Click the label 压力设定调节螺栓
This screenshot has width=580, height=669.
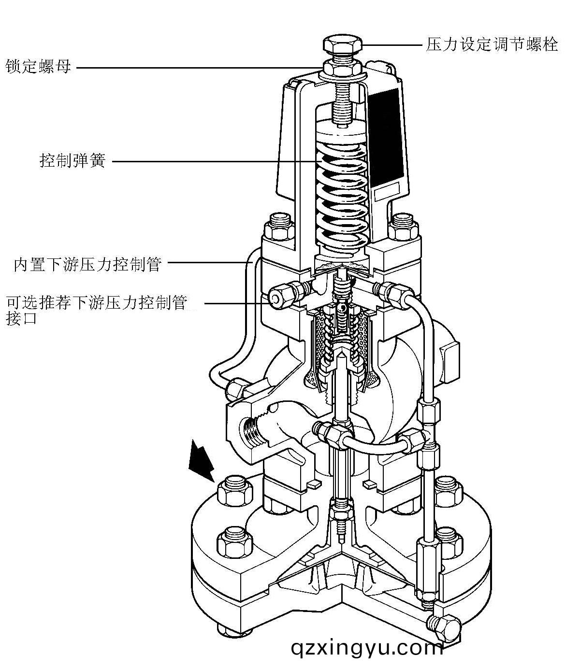[x=492, y=45]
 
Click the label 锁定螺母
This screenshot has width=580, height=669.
[x=38, y=66]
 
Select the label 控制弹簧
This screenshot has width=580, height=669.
[x=72, y=160]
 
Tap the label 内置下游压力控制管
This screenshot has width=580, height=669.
[x=87, y=265]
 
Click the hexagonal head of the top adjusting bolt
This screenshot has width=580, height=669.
[x=342, y=45]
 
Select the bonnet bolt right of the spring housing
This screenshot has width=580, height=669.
[x=403, y=226]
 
